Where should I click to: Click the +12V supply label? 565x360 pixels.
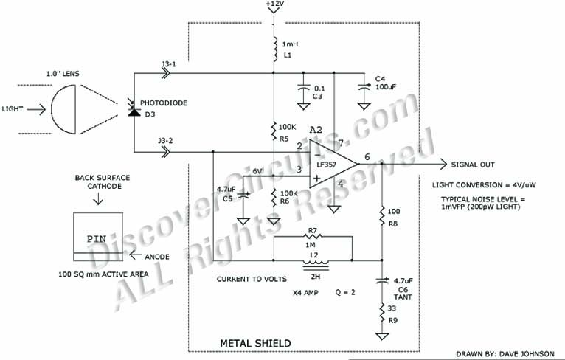[x=274, y=4]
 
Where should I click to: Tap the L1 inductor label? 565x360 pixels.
[x=288, y=56]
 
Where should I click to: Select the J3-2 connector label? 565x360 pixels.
[x=167, y=141]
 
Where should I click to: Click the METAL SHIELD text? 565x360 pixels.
[x=255, y=343]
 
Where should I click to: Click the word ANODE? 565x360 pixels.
[x=156, y=257]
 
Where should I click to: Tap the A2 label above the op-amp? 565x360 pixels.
[x=316, y=130]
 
